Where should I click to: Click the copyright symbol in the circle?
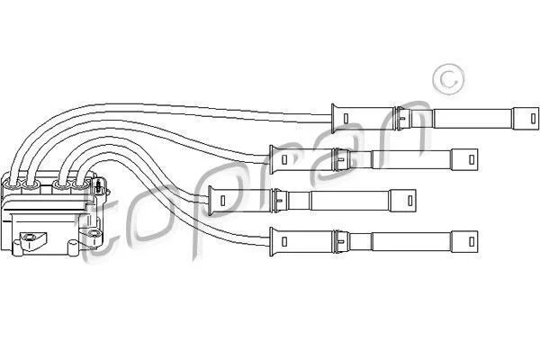448,79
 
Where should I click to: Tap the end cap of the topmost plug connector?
526,119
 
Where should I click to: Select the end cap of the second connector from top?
464,159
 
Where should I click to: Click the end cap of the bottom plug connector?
464,241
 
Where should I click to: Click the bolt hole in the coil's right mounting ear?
93,234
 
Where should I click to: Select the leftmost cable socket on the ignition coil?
13,186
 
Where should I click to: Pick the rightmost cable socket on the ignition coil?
81,186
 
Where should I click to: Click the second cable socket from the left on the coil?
31,186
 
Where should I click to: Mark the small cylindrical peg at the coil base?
74,248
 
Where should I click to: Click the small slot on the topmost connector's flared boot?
346,119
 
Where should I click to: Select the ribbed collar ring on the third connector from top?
276,201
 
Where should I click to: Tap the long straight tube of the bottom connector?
411,241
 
